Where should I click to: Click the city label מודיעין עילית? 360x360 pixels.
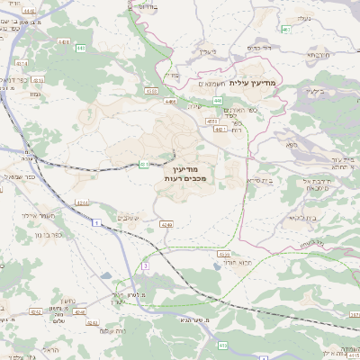pos(256,83)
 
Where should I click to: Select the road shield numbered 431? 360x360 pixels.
pos(143,163)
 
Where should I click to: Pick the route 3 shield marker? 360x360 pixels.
pos(145,265)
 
